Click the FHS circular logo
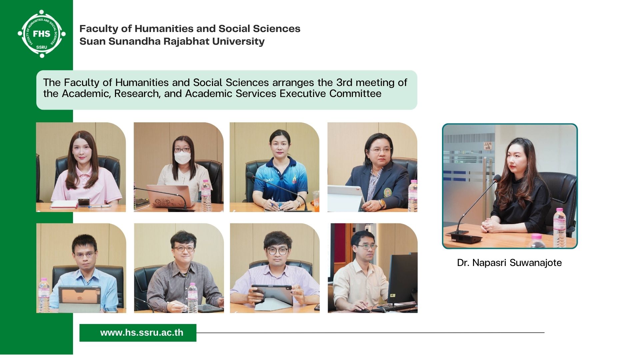pyautogui.click(x=42, y=34)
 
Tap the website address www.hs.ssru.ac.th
pyautogui.click(x=142, y=333)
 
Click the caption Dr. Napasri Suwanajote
pyautogui.click(x=509, y=263)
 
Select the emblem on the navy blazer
pyautogui.click(x=387, y=192)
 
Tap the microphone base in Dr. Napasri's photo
pyautogui.click(x=465, y=237)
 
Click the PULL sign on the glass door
pyautogui.click(x=488, y=146)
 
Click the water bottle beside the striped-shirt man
pyautogui.click(x=192, y=297)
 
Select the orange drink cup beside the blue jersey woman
pyautogui.click(x=316, y=201)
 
